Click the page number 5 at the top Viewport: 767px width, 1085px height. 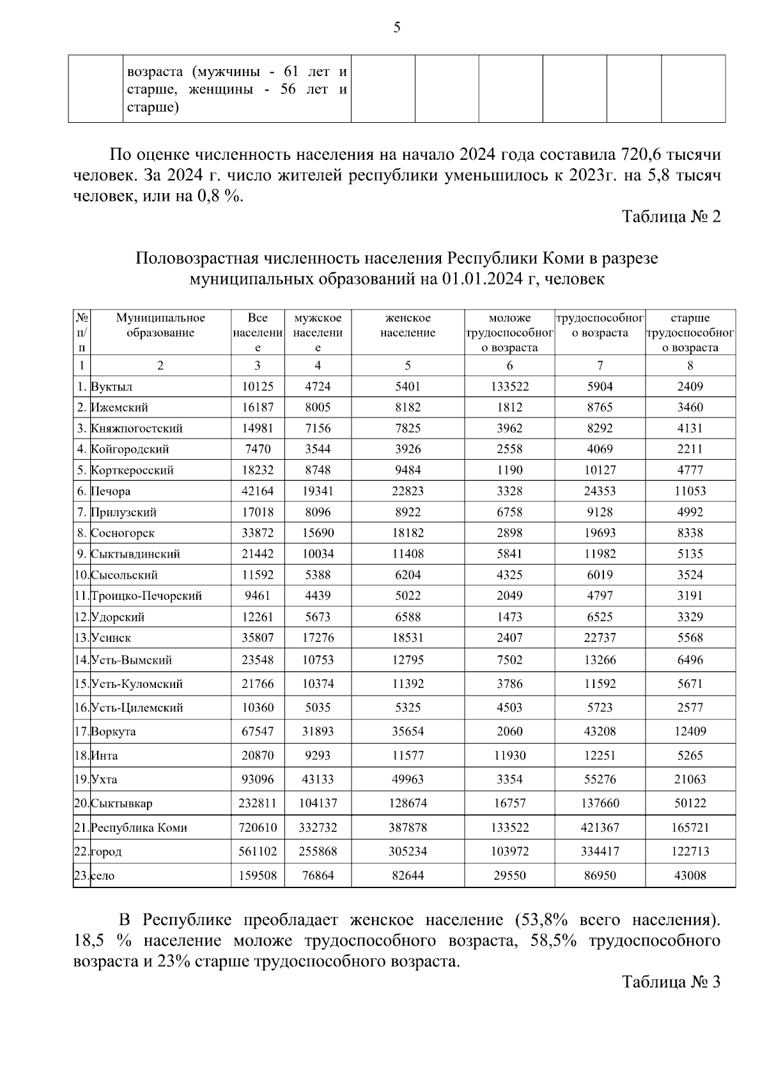pyautogui.click(x=397, y=27)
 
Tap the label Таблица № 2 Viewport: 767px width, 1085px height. pyautogui.click(x=671, y=217)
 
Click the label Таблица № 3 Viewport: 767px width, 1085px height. pyautogui.click(x=671, y=981)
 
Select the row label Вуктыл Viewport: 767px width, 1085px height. pyautogui.click(x=112, y=387)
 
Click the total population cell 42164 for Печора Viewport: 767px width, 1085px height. pyautogui.click(x=258, y=492)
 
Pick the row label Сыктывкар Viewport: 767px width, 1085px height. pyautogui.click(x=121, y=804)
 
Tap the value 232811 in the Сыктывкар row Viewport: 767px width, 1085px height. pyautogui.click(x=258, y=804)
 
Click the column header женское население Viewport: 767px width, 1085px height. pyautogui.click(x=408, y=325)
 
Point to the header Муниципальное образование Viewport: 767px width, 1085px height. pyautogui.click(x=160, y=325)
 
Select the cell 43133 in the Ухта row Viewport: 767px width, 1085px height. pyautogui.click(x=318, y=779)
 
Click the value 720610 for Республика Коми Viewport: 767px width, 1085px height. pyautogui.click(x=258, y=828)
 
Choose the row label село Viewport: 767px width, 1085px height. pyautogui.click(x=103, y=876)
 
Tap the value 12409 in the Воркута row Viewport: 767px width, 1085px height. pyautogui.click(x=690, y=731)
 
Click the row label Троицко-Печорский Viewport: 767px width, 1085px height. pyautogui.click(x=146, y=596)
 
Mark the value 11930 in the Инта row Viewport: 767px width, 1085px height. pyautogui.click(x=509, y=756)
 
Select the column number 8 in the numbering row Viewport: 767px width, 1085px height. pyautogui.click(x=690, y=366)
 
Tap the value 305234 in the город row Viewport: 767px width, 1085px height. pyautogui.click(x=408, y=852)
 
